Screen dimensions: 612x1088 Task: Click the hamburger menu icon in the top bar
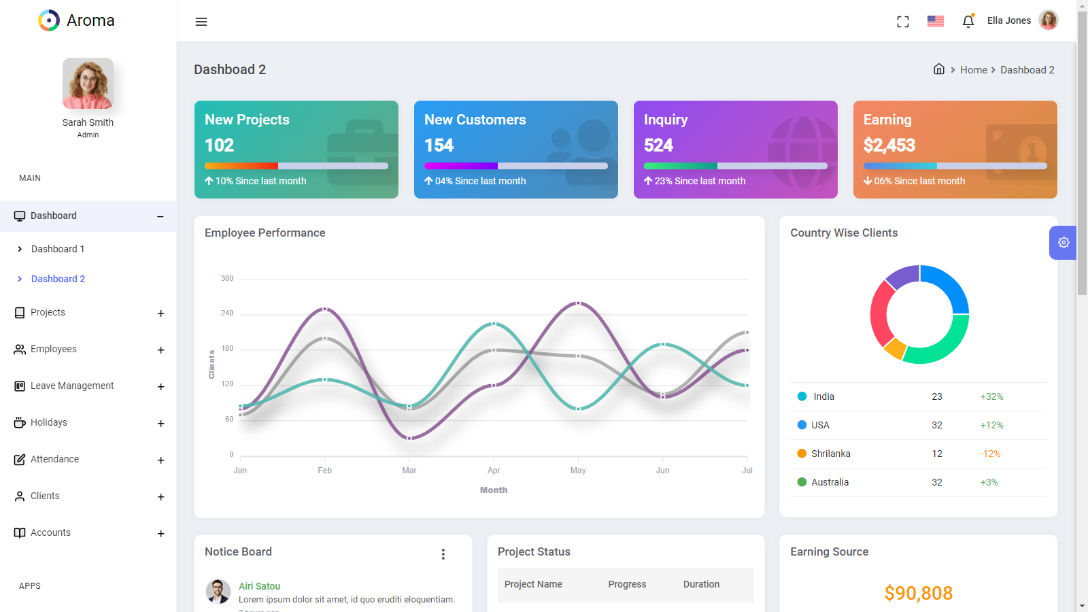(x=201, y=22)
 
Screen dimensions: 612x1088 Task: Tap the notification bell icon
(x=968, y=21)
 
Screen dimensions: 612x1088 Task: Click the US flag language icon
(x=936, y=21)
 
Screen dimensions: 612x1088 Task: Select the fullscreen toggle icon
(x=903, y=22)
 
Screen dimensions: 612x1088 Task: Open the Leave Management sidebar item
(x=72, y=386)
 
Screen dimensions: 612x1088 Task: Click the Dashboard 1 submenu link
(x=58, y=249)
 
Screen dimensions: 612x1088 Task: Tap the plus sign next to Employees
(x=161, y=350)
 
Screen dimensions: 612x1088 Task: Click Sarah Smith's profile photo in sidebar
(x=88, y=84)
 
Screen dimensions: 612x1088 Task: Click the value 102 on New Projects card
(x=220, y=146)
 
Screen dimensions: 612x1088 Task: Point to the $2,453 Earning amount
(x=889, y=146)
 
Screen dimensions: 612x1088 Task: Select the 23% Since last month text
(x=700, y=181)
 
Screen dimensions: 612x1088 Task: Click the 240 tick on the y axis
(x=227, y=313)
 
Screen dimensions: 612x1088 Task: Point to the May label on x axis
(x=578, y=471)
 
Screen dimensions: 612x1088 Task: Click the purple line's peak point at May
(x=579, y=303)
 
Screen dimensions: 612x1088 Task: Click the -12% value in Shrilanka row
(x=990, y=454)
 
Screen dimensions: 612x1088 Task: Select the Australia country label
(x=830, y=482)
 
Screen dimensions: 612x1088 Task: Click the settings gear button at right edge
(x=1064, y=243)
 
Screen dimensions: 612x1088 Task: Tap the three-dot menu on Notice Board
(x=443, y=554)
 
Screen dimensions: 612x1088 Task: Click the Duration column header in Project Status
(x=701, y=584)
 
